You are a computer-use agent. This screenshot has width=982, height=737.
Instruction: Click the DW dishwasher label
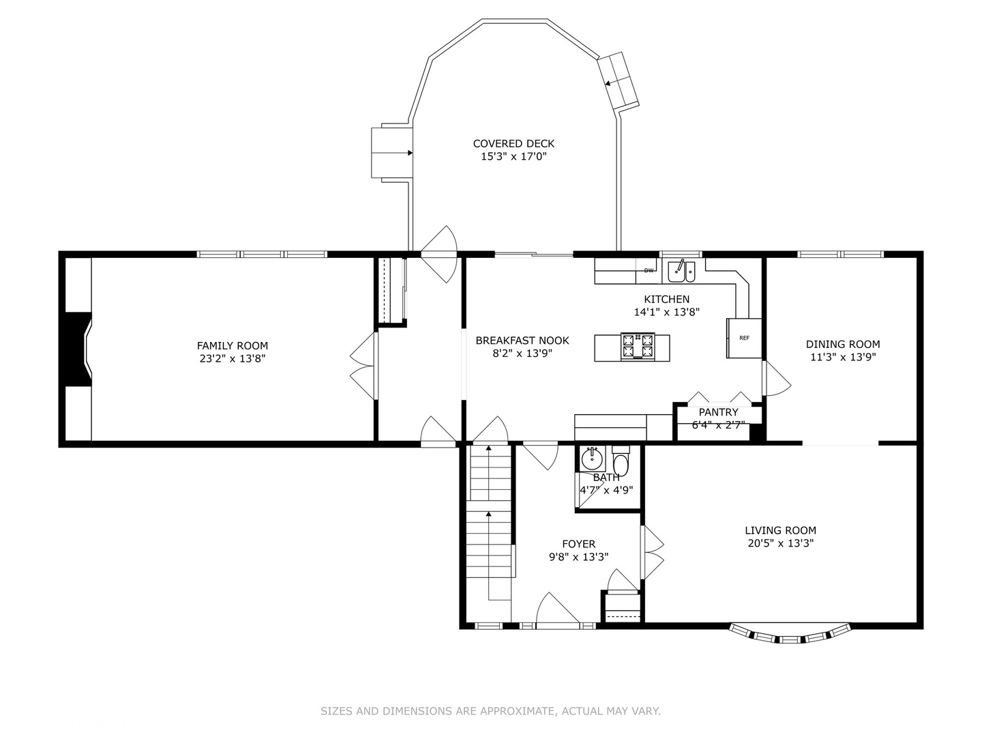point(649,271)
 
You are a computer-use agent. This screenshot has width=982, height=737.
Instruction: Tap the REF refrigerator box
point(743,338)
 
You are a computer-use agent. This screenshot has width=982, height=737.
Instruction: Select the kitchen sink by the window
point(681,271)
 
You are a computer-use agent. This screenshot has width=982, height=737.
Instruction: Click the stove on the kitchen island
point(638,346)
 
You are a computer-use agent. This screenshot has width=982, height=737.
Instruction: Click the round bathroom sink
point(591,458)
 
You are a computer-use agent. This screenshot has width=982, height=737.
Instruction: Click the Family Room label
point(232,345)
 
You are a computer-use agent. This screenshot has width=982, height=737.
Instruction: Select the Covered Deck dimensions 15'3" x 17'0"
point(514,157)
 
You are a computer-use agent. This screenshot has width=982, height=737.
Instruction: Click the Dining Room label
point(843,344)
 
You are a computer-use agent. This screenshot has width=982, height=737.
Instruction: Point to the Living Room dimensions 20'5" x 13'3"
point(780,543)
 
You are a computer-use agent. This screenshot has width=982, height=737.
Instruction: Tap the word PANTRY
point(718,412)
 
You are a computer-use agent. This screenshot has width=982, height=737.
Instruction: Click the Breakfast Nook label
point(522,341)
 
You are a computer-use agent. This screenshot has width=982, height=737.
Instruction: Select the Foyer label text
point(578,544)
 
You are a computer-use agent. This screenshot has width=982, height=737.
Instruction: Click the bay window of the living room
point(790,634)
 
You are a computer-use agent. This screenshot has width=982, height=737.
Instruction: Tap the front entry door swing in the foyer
point(557,607)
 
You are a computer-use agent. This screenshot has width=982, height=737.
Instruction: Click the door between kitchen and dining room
point(777,379)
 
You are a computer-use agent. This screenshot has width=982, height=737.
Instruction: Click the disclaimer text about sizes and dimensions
point(490,711)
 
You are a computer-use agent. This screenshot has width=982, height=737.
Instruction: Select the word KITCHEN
point(666,299)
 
